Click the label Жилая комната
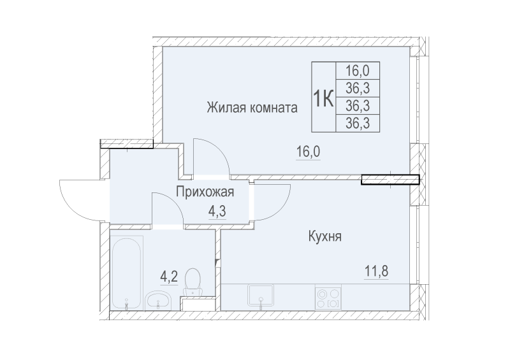[252, 108]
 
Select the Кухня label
[326, 237]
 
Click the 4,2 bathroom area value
[168, 277]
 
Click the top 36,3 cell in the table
[358, 88]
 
